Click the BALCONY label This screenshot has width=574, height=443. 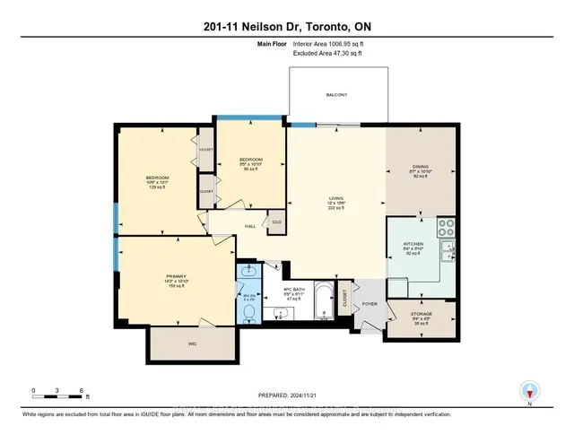tap(336, 95)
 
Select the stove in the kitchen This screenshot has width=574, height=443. tap(445, 230)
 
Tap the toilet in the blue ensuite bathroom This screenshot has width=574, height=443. tap(248, 311)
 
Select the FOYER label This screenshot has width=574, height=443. tap(371, 303)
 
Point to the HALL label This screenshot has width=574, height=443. tap(226, 226)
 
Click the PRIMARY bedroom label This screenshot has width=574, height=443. tap(175, 277)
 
